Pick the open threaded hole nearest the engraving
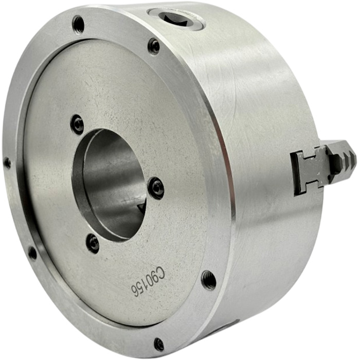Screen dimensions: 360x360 pyautogui.click(x=209, y=280)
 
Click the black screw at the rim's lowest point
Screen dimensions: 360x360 pyautogui.click(x=159, y=345)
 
